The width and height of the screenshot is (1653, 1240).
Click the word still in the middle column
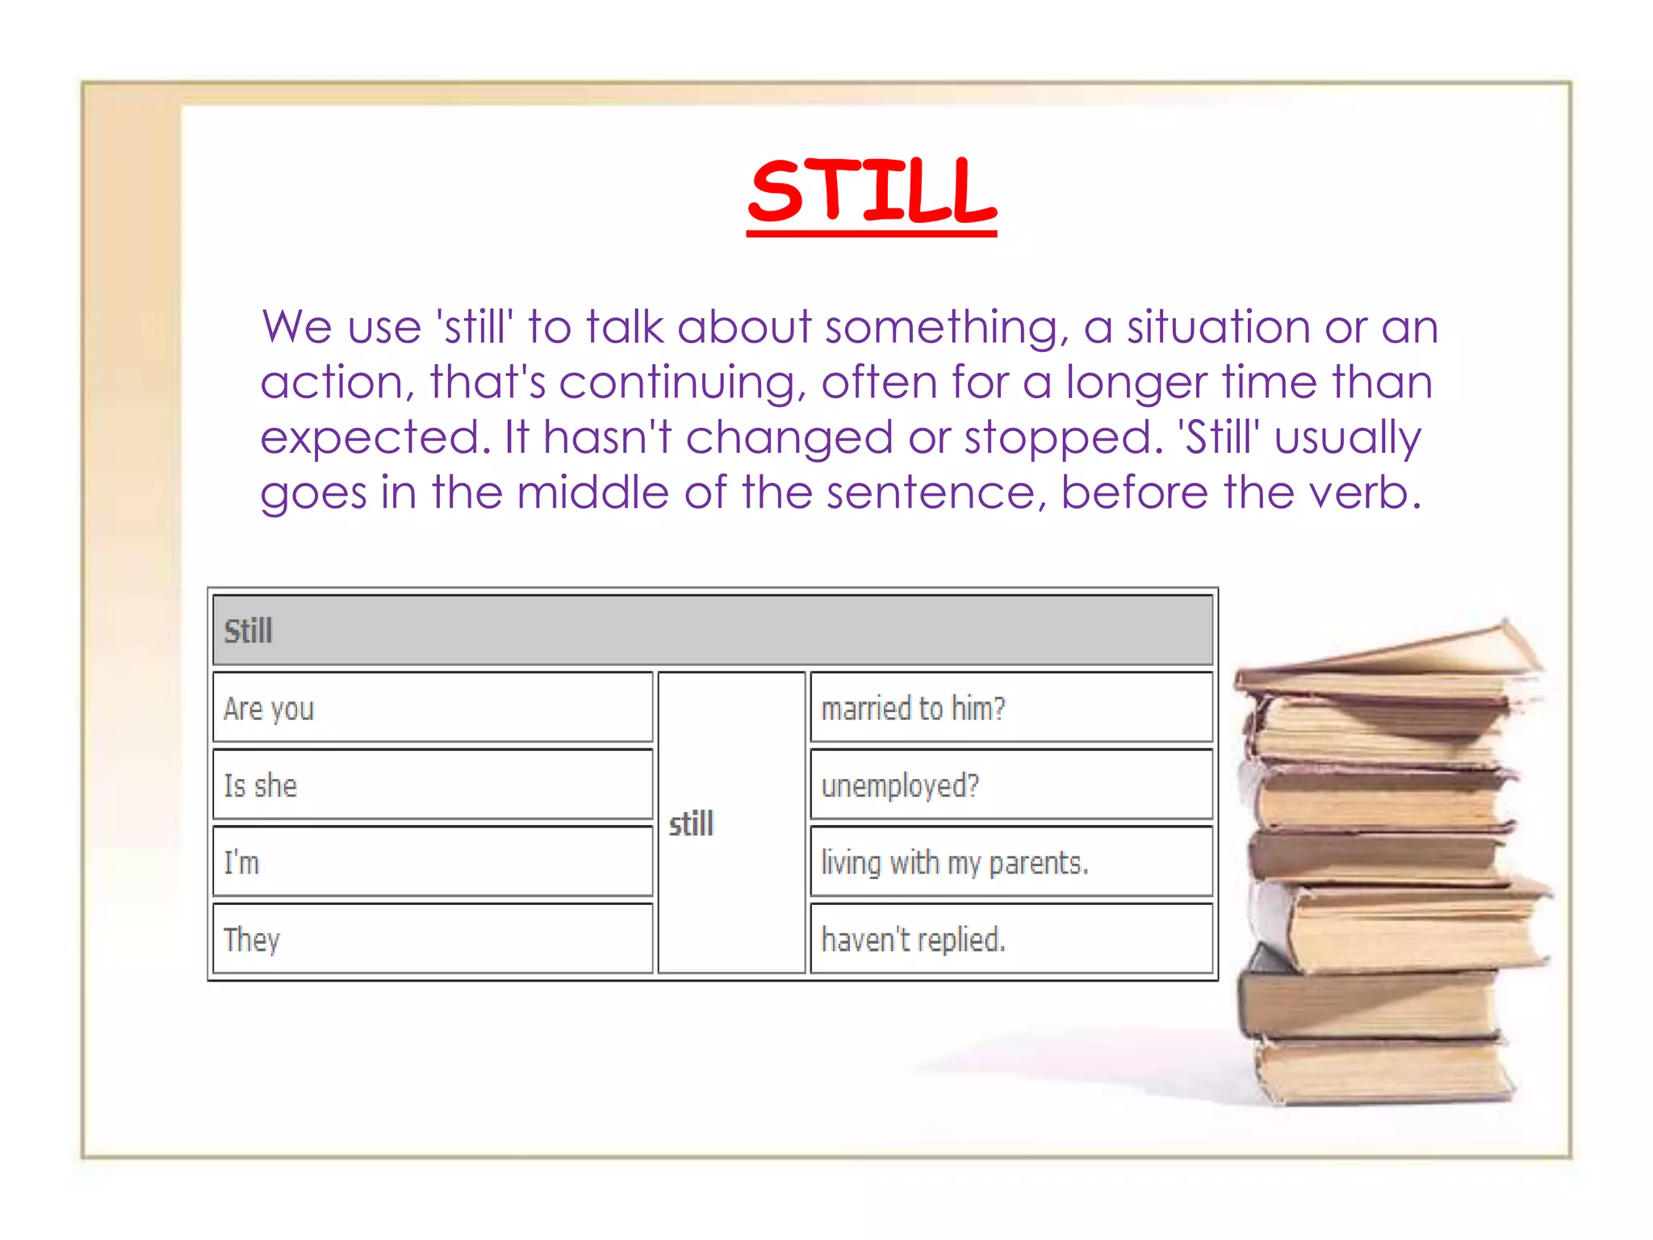(692, 824)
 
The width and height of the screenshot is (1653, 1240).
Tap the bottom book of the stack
(1384, 1070)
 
